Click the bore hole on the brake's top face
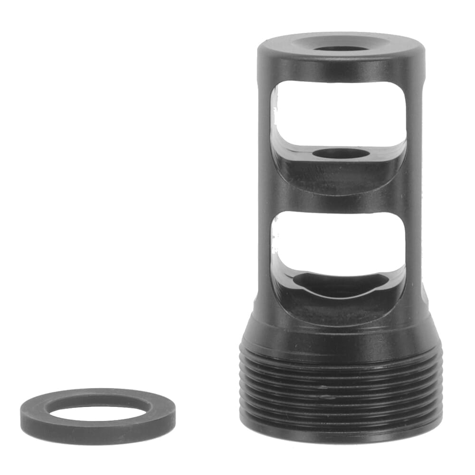pyautogui.click(x=341, y=48)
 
